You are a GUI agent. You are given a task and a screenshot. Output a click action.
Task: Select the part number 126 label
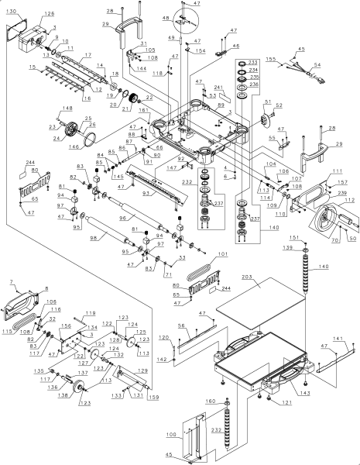49,14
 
